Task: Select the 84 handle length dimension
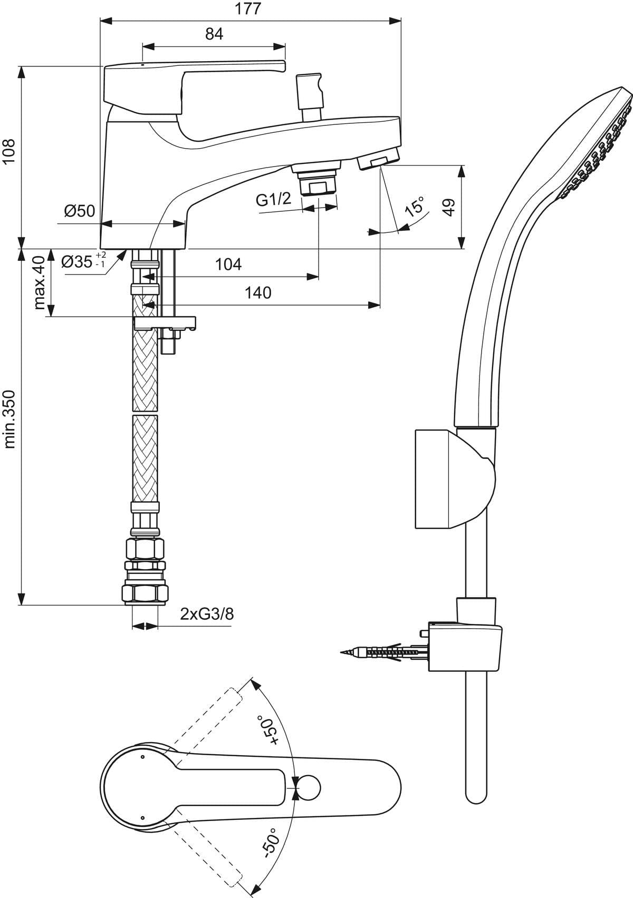pyautogui.click(x=214, y=34)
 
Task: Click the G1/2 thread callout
pyautogui.click(x=273, y=200)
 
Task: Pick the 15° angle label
pyautogui.click(x=415, y=207)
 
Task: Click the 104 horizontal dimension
pyautogui.click(x=228, y=265)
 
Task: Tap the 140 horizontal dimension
pyautogui.click(x=258, y=292)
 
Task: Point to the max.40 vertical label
pyautogui.click(x=39, y=283)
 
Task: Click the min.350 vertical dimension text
pyautogui.click(x=10, y=419)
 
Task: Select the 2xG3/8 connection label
pyautogui.click(x=207, y=614)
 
